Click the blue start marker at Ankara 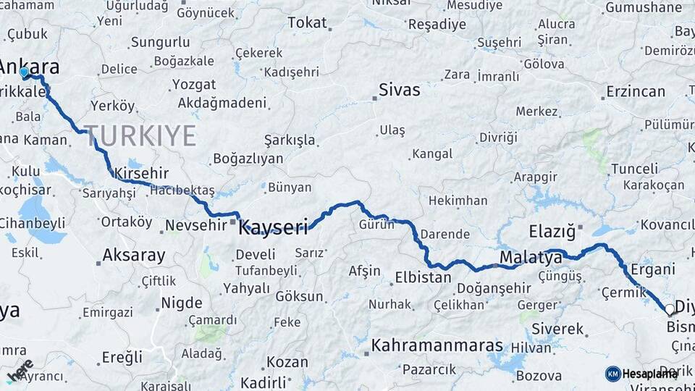(x=24, y=72)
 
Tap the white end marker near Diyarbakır (x=670, y=310)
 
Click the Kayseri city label (x=274, y=227)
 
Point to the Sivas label (x=399, y=91)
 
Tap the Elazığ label (x=552, y=232)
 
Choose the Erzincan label (x=636, y=91)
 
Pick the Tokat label (x=307, y=22)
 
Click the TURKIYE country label (x=140, y=135)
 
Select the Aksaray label (x=133, y=255)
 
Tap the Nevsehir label (x=195, y=226)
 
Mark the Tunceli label (x=634, y=169)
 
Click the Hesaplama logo (x=641, y=374)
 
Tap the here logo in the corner (x=20, y=370)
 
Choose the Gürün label (x=376, y=224)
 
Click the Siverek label (x=557, y=329)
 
